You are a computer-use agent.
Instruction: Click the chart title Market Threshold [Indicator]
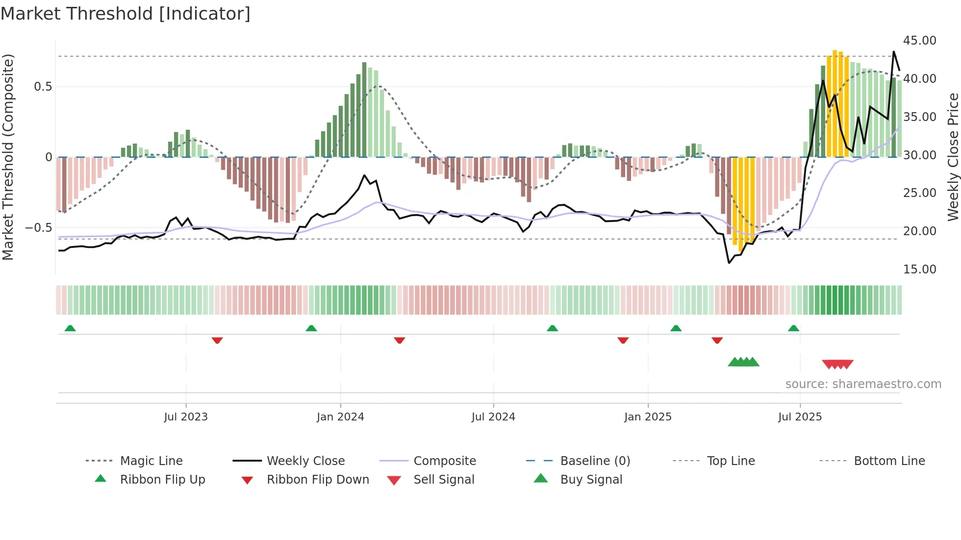click(126, 14)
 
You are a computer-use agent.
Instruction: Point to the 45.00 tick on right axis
click(919, 41)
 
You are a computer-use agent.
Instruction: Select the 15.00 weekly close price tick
click(919, 270)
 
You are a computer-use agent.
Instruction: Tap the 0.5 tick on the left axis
click(43, 87)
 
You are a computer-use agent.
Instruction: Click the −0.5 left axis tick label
click(38, 228)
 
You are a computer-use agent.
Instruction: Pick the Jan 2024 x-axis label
click(340, 417)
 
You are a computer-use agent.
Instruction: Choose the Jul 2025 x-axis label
click(800, 417)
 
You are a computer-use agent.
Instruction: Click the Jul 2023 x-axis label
click(186, 417)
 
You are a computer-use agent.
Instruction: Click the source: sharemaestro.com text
click(863, 384)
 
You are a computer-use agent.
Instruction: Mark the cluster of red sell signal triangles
click(837, 364)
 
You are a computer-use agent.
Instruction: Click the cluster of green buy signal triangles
click(743, 362)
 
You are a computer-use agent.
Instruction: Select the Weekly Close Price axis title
click(953, 157)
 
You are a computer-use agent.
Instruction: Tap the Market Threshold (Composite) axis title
click(8, 157)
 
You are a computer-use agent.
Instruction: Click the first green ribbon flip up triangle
click(70, 328)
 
